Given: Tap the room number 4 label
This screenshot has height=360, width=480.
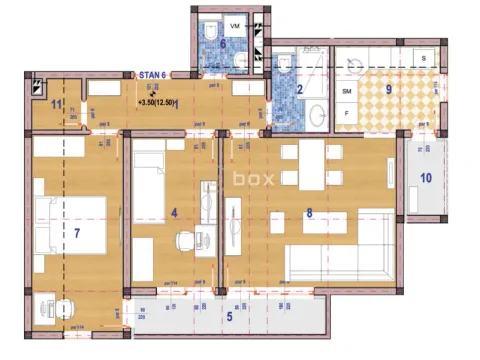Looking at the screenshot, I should click(x=174, y=212).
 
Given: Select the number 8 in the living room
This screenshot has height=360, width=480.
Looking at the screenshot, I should click(x=310, y=212).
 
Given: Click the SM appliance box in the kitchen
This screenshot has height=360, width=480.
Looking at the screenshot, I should click(x=347, y=91).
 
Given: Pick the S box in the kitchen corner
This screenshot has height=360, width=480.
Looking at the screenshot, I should click(x=424, y=59).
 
